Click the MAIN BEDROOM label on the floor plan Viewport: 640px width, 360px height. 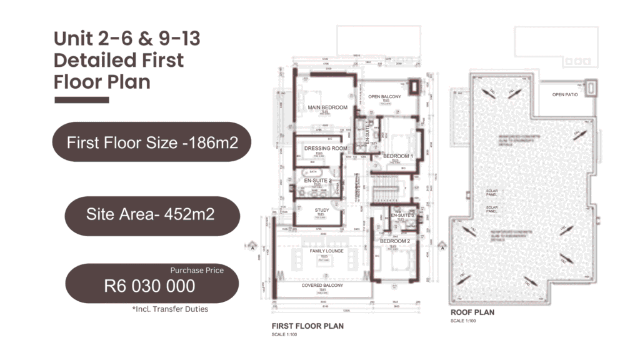327,107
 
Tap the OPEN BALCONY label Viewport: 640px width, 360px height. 384,97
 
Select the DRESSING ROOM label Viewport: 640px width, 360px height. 325,148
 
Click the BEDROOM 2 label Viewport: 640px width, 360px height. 395,241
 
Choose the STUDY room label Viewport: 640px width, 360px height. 322,211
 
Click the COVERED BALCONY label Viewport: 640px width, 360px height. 322,286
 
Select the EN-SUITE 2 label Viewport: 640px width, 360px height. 317,181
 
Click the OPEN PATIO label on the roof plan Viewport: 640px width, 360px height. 564,95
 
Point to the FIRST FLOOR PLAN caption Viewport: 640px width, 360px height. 307,326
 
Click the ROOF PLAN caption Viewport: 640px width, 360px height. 472,312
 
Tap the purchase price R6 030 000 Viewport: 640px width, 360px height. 149,286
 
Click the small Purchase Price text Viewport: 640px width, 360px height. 197,270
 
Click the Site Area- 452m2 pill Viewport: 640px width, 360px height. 152,215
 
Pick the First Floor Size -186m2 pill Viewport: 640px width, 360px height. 152,142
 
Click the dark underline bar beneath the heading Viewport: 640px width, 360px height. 81,99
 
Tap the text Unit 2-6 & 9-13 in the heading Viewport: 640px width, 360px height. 126,39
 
